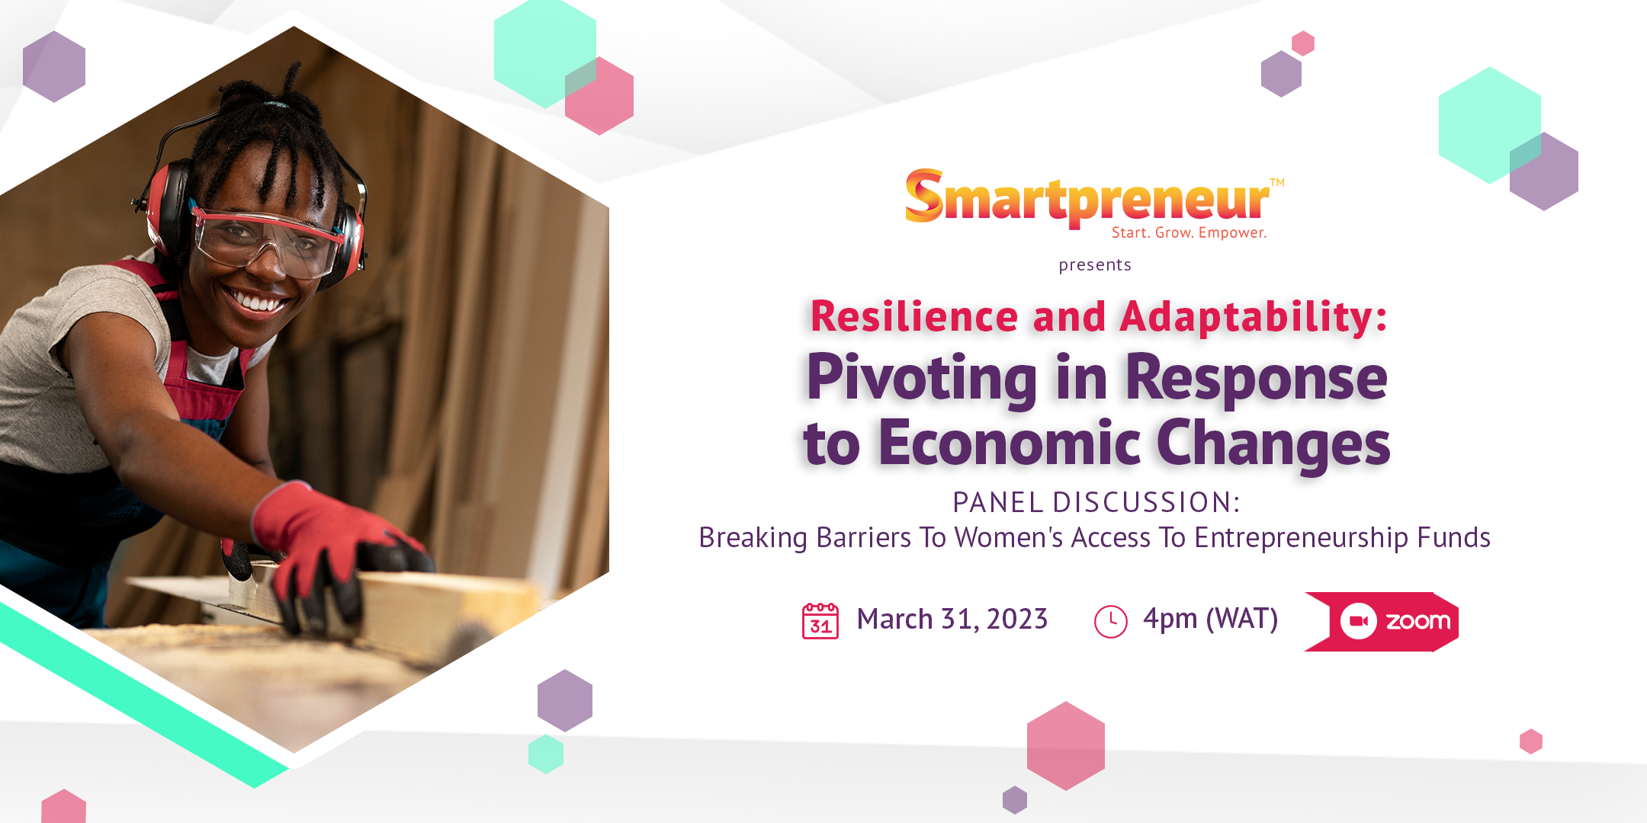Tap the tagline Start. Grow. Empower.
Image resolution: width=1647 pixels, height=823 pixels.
[1189, 233]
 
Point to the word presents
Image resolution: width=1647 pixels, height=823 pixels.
[1095, 265]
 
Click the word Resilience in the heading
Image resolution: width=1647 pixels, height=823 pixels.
[914, 317]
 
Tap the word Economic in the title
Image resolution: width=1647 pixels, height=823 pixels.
[1010, 444]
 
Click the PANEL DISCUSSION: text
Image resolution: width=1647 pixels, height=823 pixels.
[1096, 503]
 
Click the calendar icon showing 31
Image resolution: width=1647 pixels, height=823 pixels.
[820, 620]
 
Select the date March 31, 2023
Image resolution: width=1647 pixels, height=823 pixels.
[952, 620]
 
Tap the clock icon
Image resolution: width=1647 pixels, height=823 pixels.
[1110, 622]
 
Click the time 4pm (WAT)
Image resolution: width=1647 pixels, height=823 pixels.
[1210, 619]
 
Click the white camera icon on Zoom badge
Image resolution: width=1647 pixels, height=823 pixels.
[1358, 622]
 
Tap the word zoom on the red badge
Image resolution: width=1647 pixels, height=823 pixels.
[1417, 622]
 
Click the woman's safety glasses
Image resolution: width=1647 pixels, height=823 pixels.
[263, 240]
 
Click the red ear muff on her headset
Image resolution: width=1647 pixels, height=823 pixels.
[168, 206]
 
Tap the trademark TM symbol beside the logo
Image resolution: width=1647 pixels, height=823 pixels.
[1277, 183]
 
